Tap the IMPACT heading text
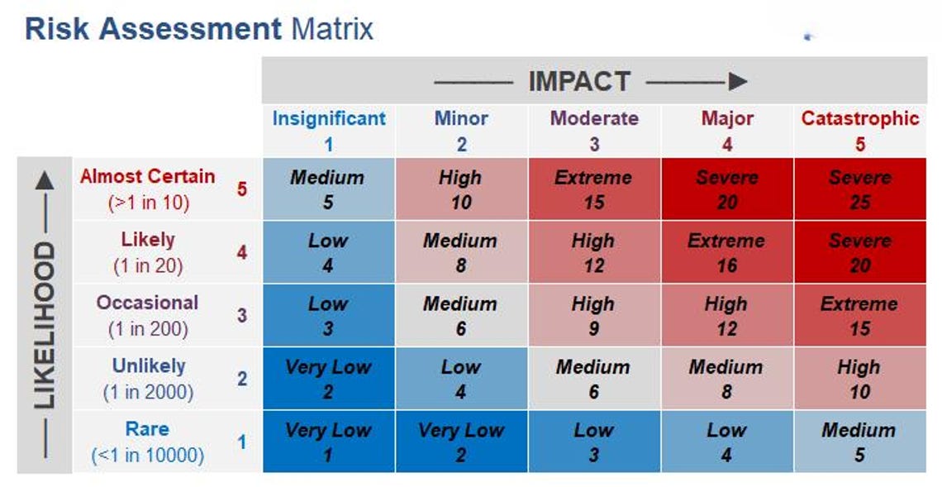pos(579,81)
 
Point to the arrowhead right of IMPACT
pos(738,81)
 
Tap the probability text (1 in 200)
pos(149,329)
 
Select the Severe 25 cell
pos(860,189)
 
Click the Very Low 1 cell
pos(329,442)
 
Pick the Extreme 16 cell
pos(727,252)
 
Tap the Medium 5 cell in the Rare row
pos(860,442)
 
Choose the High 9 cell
pos(594,315)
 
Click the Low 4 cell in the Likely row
pos(329,252)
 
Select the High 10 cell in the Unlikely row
pos(860,378)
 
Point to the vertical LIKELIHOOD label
pos(45,325)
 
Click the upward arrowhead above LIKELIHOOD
pos(45,183)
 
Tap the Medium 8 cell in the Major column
pos(727,378)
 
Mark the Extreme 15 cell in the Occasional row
pos(860,315)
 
